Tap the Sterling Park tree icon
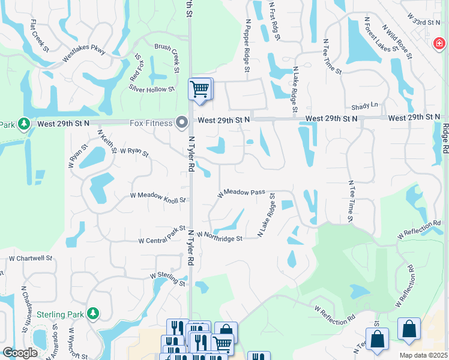(92, 313)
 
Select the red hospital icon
(439, 43)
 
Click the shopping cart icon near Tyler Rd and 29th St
(200, 89)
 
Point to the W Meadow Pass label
(241, 193)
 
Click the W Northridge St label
(218, 237)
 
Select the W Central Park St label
(162, 235)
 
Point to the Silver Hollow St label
(151, 88)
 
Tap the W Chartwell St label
(30, 259)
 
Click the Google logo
(20, 353)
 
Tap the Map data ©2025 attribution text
(423, 355)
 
